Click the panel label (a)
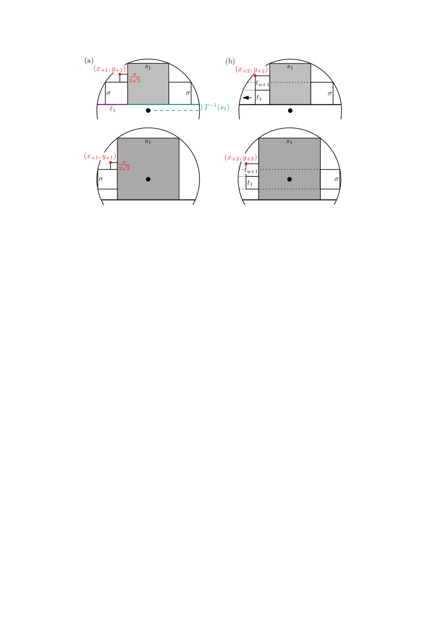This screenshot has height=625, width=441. [x=89, y=61]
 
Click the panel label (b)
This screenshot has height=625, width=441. [x=230, y=61]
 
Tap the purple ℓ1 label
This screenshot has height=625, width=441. [x=113, y=109]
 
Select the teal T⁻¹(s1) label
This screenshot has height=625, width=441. [x=216, y=107]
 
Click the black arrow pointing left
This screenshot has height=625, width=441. [x=247, y=98]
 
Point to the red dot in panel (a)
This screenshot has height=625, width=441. [x=120, y=74]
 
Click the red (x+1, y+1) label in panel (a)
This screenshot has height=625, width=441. [x=110, y=69]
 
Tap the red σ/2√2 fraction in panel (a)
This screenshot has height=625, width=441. [x=135, y=78]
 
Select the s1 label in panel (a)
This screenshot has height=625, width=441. [x=148, y=67]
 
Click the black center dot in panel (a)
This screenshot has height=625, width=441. [x=148, y=110]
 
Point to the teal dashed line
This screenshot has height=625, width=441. [x=176, y=110]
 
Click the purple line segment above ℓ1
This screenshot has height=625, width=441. [x=113, y=104]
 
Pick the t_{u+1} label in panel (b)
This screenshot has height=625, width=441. [x=263, y=83]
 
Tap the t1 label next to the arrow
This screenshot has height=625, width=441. [x=259, y=97]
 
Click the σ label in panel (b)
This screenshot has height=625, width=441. [x=330, y=93]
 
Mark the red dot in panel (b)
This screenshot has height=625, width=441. [x=255, y=75]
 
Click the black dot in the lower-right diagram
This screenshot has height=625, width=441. [x=289, y=179]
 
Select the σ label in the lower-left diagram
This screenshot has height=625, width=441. [x=101, y=179]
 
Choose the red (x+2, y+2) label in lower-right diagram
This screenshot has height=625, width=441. [x=241, y=158]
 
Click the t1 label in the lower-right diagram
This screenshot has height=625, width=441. [x=250, y=183]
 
